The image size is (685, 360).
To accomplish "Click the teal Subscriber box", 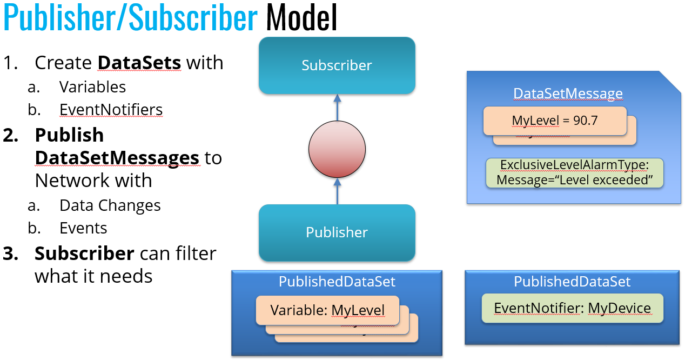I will [x=337, y=65].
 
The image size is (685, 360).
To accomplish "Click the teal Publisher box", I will [x=337, y=232].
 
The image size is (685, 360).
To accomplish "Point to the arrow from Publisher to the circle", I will [x=337, y=191].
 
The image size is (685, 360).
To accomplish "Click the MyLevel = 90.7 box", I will [x=554, y=120].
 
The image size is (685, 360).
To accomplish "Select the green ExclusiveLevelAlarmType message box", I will [x=574, y=172].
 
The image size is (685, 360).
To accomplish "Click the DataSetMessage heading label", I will [x=568, y=94].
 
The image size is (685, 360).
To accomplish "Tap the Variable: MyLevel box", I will [x=327, y=310].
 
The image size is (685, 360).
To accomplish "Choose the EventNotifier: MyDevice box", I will [x=572, y=308].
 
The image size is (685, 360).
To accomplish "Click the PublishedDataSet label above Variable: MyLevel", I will [x=337, y=282].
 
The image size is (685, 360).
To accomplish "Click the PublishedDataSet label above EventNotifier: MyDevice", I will [x=572, y=282].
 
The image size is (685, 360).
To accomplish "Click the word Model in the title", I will [x=301, y=17].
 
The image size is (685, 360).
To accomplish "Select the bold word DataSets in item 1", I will [x=139, y=63].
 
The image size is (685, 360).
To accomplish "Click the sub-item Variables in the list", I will [x=92, y=87].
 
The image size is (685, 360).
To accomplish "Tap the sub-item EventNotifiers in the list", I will [x=111, y=110].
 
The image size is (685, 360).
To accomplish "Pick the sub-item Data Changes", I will [x=110, y=205].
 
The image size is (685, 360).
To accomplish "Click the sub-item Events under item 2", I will [x=83, y=228].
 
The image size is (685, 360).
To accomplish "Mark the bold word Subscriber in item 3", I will [x=84, y=253].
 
